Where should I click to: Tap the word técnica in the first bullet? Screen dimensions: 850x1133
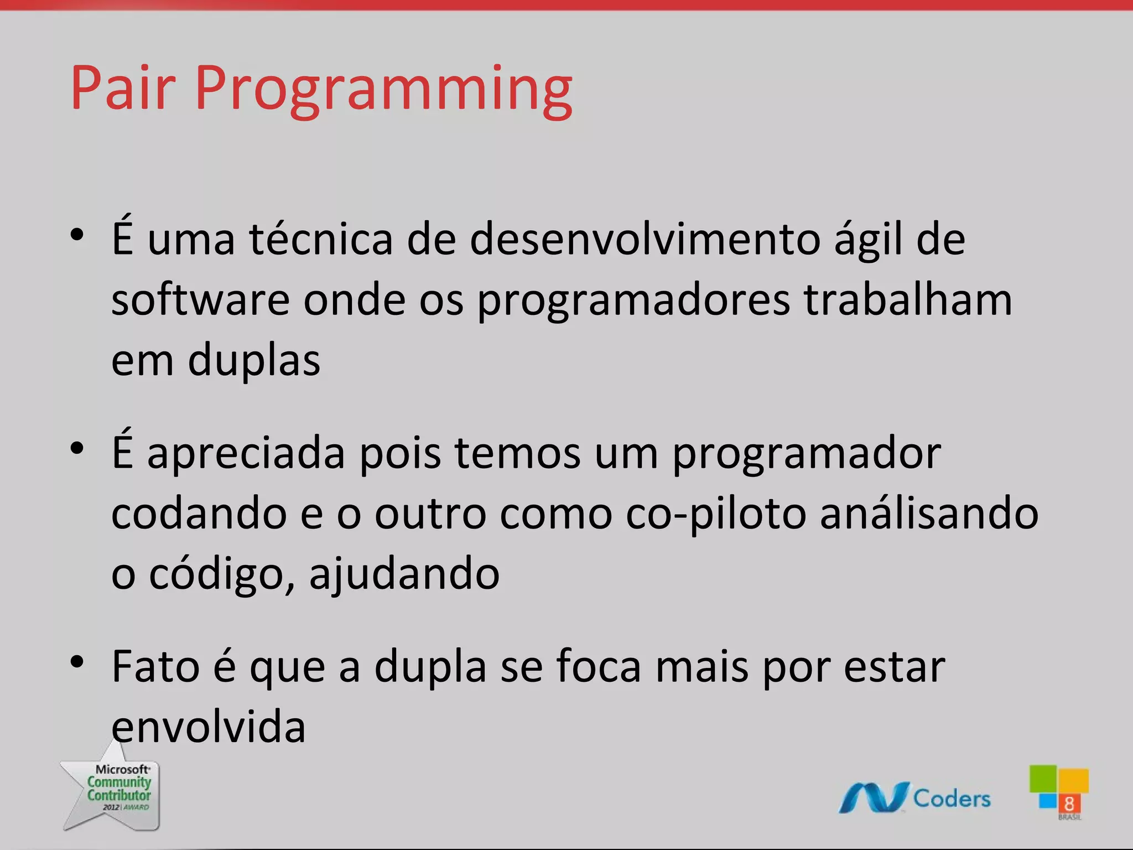coord(321,239)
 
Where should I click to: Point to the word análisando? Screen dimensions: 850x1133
coord(929,514)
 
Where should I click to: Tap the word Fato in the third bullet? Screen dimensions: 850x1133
coord(155,667)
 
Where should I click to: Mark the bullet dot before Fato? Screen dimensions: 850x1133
coord(77,662)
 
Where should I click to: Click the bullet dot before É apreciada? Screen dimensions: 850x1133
coord(77,448)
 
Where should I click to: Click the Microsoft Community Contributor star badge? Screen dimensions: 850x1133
coord(113,789)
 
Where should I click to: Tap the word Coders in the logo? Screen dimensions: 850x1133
coord(952,799)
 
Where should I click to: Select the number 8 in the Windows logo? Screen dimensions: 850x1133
coord(1069,804)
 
